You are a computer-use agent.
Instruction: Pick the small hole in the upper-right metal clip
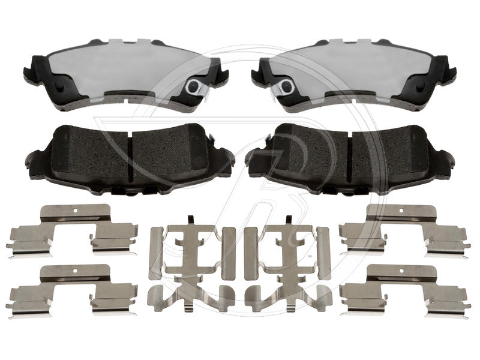point(403,211)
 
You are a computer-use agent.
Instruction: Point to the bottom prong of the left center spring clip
point(190,306)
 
